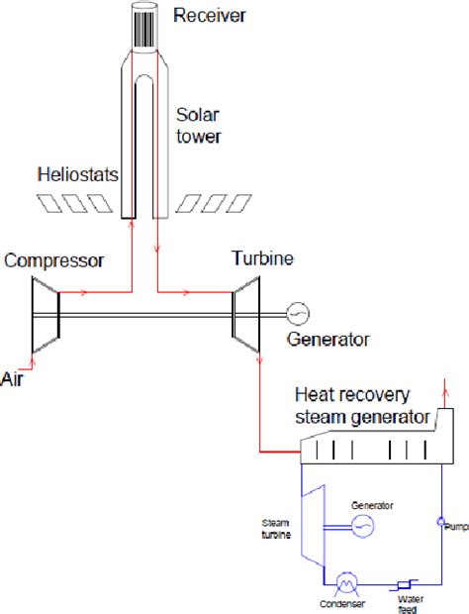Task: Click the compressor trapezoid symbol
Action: (x=45, y=317)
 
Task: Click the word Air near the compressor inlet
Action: (x=14, y=378)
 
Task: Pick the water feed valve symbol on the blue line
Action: (x=405, y=584)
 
